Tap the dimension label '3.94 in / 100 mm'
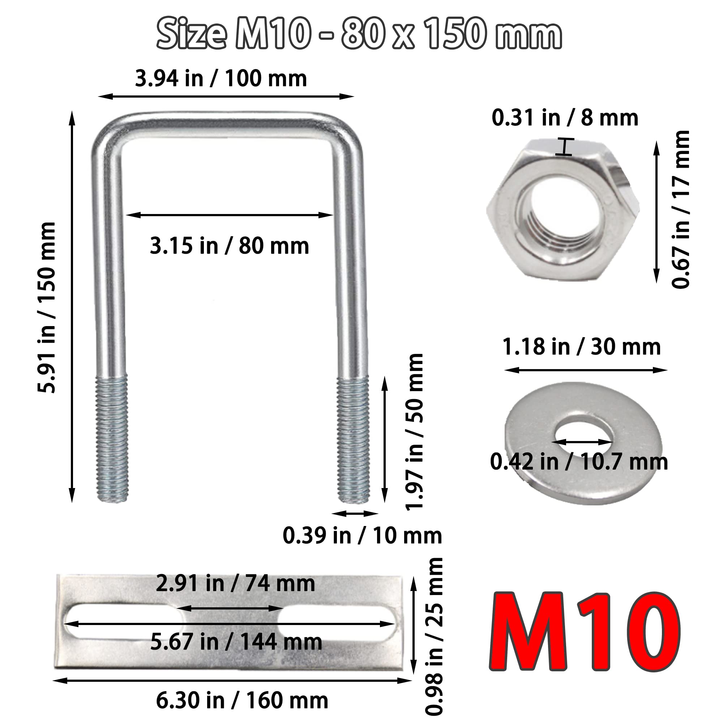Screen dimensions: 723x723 (x=221, y=78)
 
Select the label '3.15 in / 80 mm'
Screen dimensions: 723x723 (x=230, y=246)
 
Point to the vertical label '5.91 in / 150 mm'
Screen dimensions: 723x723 (x=47, y=308)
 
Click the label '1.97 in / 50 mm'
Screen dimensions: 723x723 (x=414, y=432)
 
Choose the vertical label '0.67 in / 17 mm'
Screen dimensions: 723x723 (x=680, y=210)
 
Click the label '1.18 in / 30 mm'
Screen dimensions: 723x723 (x=582, y=347)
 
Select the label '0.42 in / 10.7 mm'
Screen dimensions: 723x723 (x=579, y=462)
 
